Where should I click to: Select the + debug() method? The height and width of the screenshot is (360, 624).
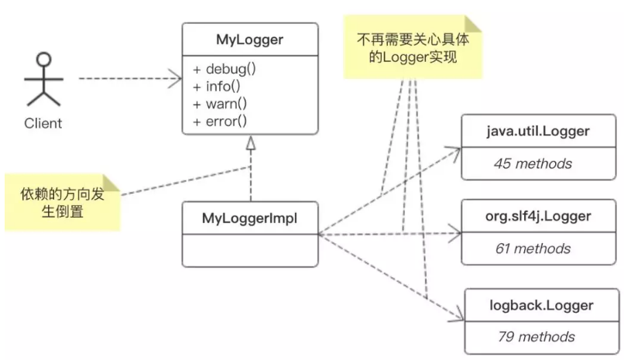pyautogui.click(x=225, y=69)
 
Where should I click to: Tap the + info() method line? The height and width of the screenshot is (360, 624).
pyautogui.click(x=219, y=86)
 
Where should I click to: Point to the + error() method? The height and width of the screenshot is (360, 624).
pyautogui.click(x=221, y=120)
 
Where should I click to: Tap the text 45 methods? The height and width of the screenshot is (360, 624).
pyautogui.click(x=533, y=163)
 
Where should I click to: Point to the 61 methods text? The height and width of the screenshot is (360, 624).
pyautogui.click(x=533, y=249)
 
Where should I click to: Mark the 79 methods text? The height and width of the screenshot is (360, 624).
pyautogui.click(x=535, y=336)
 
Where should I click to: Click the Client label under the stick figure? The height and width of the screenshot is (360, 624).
pyautogui.click(x=43, y=123)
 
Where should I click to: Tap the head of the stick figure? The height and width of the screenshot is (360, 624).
pyautogui.click(x=43, y=60)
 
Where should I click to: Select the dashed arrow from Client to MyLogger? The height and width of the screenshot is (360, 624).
pyautogui.click(x=128, y=78)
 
